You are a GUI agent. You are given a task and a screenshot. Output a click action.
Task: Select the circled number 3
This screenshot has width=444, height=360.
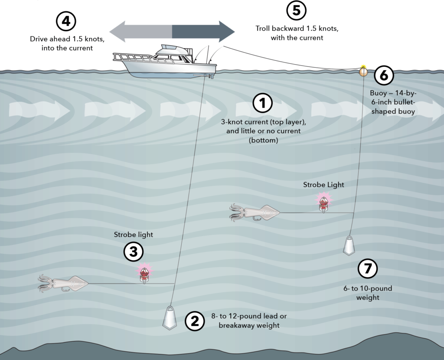pyautogui.click(x=134, y=252)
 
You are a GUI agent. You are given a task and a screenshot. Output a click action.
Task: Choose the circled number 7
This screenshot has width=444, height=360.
pyautogui.click(x=368, y=269)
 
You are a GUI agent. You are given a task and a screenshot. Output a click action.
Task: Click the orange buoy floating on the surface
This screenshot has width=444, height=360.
pyautogui.click(x=363, y=72)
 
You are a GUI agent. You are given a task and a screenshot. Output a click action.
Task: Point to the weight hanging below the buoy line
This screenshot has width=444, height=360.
pyautogui.click(x=350, y=245)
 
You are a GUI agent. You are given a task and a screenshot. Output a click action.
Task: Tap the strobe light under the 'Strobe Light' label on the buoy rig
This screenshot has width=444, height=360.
pyautogui.click(x=323, y=202)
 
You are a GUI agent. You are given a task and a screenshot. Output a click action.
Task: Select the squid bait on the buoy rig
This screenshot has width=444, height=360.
pyautogui.click(x=255, y=212)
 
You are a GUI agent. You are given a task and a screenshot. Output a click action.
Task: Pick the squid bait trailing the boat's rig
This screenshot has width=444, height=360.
pyautogui.click(x=63, y=283)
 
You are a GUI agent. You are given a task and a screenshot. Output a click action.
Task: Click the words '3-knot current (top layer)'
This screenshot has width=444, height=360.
pyautogui.click(x=263, y=122)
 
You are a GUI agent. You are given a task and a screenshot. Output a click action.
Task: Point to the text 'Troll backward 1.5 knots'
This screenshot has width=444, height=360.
pyautogui.click(x=297, y=29)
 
